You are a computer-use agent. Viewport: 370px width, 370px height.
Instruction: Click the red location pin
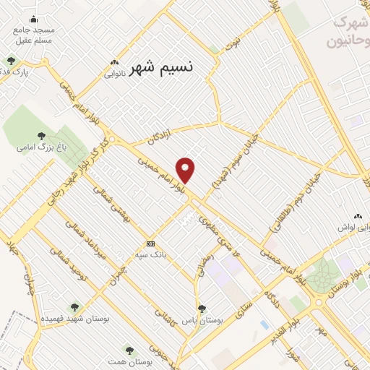(186, 169)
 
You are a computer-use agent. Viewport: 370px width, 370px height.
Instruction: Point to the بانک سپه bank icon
(150, 244)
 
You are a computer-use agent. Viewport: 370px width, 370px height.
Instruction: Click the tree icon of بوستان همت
(129, 350)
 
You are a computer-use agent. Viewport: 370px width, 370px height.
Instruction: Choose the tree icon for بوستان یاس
(202, 308)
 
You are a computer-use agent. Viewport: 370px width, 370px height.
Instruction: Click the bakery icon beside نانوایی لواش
(357, 216)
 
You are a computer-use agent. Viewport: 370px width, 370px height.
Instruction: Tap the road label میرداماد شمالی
(91, 238)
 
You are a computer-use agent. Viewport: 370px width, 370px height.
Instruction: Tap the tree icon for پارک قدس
(10, 61)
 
